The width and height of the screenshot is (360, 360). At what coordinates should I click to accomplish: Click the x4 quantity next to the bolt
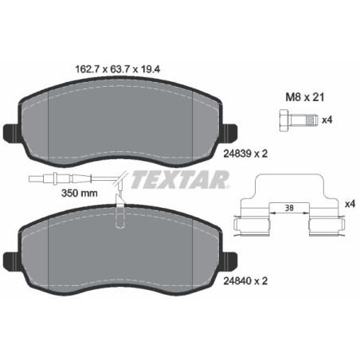325,120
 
